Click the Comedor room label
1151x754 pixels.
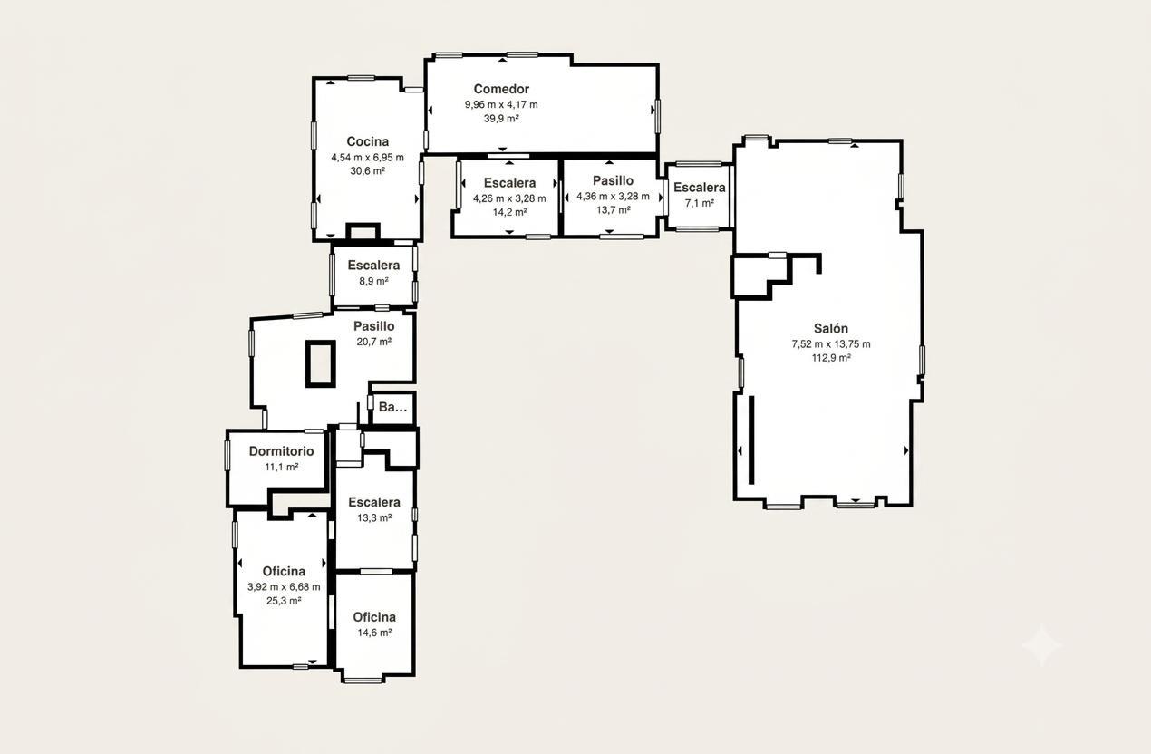pyautogui.click(x=501, y=89)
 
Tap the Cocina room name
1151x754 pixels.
pyautogui.click(x=367, y=141)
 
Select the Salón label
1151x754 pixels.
pyautogui.click(x=830, y=328)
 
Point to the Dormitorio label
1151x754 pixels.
pyautogui.click(x=281, y=450)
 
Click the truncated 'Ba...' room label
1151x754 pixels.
pyautogui.click(x=392, y=407)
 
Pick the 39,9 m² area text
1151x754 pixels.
pyautogui.click(x=501, y=118)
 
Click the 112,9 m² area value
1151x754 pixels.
pyautogui.click(x=831, y=358)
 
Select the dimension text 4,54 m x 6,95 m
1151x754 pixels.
pyautogui.click(x=367, y=158)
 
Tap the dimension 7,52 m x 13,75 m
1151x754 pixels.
pyautogui.click(x=831, y=343)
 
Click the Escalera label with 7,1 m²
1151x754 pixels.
pyautogui.click(x=700, y=187)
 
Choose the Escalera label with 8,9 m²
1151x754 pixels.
pyautogui.click(x=373, y=266)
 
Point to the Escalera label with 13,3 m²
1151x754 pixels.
pyautogui.click(x=374, y=502)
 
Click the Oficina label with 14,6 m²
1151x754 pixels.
pyautogui.click(x=374, y=617)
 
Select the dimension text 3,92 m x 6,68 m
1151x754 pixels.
pyautogui.click(x=284, y=586)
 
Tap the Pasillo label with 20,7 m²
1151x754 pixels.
pyautogui.click(x=374, y=326)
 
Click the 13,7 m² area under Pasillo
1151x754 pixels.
pyautogui.click(x=613, y=209)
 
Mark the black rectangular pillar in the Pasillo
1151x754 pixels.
pyautogui.click(x=321, y=364)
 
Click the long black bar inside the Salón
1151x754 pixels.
pyautogui.click(x=751, y=440)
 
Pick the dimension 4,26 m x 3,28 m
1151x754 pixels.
pyautogui.click(x=509, y=198)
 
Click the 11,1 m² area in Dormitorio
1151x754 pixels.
pyautogui.click(x=282, y=467)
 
